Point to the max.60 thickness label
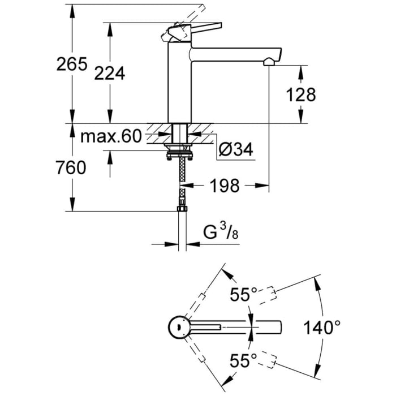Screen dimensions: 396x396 (x=110, y=136)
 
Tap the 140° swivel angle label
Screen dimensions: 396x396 (x=322, y=328)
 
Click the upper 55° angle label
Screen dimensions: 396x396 (x=243, y=294)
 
